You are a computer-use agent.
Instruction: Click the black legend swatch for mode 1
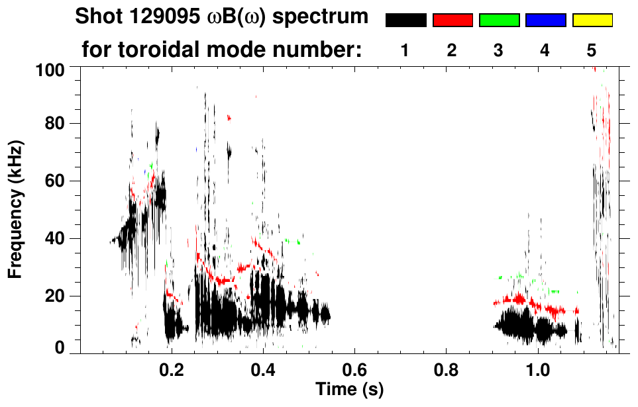click(x=405, y=21)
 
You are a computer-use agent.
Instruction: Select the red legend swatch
click(x=452, y=21)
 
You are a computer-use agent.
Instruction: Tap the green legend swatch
click(x=499, y=21)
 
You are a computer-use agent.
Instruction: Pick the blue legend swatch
click(x=545, y=21)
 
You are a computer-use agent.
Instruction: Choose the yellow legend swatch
click(x=592, y=21)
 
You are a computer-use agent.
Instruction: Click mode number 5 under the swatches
click(x=592, y=50)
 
